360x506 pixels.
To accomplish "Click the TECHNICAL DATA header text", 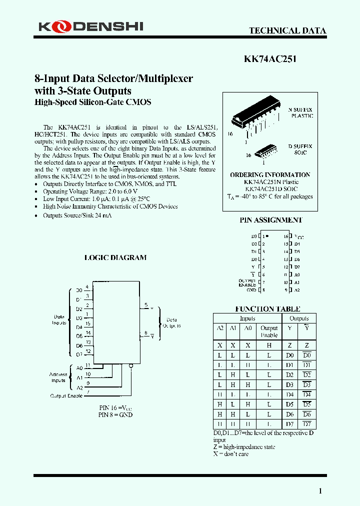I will click(x=287, y=30).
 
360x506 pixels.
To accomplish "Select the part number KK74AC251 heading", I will click(x=270, y=58).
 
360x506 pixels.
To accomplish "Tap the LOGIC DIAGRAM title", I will click(x=115, y=257).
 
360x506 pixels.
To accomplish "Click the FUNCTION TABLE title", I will click(x=267, y=309).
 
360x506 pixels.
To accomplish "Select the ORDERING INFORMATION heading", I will click(x=270, y=175).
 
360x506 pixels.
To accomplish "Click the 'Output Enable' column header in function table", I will click(x=269, y=332).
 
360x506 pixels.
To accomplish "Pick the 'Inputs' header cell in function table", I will click(x=247, y=318).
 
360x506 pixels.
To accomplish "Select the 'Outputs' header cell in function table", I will click(x=299, y=318).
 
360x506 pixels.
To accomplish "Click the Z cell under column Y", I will click(x=290, y=345).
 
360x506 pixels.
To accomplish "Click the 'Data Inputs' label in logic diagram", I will click(x=59, y=319).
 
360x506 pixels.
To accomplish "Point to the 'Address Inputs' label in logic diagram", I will click(x=58, y=377).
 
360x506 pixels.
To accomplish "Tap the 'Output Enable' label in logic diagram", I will click(x=66, y=395).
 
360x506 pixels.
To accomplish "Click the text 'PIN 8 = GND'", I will click(x=115, y=414).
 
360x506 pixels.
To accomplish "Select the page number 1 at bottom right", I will click(x=320, y=491).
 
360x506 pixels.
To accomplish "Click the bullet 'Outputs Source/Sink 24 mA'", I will click(x=77, y=215).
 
